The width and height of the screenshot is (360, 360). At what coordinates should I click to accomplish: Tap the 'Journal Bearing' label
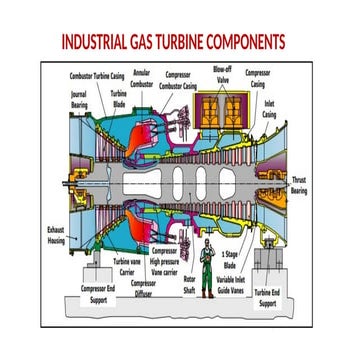(79, 99)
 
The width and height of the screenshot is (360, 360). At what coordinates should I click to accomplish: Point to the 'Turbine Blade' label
(119, 99)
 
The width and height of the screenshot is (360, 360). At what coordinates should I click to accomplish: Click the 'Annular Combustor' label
(142, 79)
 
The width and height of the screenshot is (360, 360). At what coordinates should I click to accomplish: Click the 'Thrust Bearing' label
(298, 184)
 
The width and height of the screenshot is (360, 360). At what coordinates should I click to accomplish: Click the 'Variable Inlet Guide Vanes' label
(230, 285)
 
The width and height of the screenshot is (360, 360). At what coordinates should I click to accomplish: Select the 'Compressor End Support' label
(98, 294)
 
